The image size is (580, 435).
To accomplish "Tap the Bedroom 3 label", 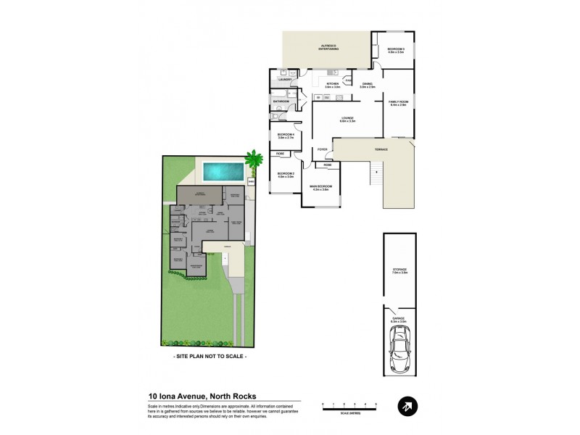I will pyautogui.click(x=395, y=50).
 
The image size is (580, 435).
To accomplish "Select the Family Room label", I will pyautogui.click(x=399, y=102).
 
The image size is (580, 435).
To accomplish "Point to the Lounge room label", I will pyautogui.click(x=347, y=119).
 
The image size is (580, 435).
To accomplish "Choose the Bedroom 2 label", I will pyautogui.click(x=285, y=174).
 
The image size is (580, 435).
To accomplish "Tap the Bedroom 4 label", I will pyautogui.click(x=285, y=136).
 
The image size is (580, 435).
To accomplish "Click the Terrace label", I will pyautogui.click(x=381, y=149).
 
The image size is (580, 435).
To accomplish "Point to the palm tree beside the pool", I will pyautogui.click(x=253, y=158).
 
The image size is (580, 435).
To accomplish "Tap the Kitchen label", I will pyautogui.click(x=333, y=85).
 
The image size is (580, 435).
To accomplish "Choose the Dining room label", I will pyautogui.click(x=367, y=85).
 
